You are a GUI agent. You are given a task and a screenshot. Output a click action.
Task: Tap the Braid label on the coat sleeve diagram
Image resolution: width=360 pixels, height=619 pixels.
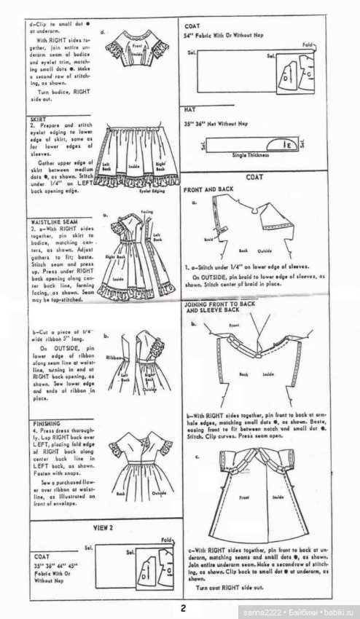pos(208,238)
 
